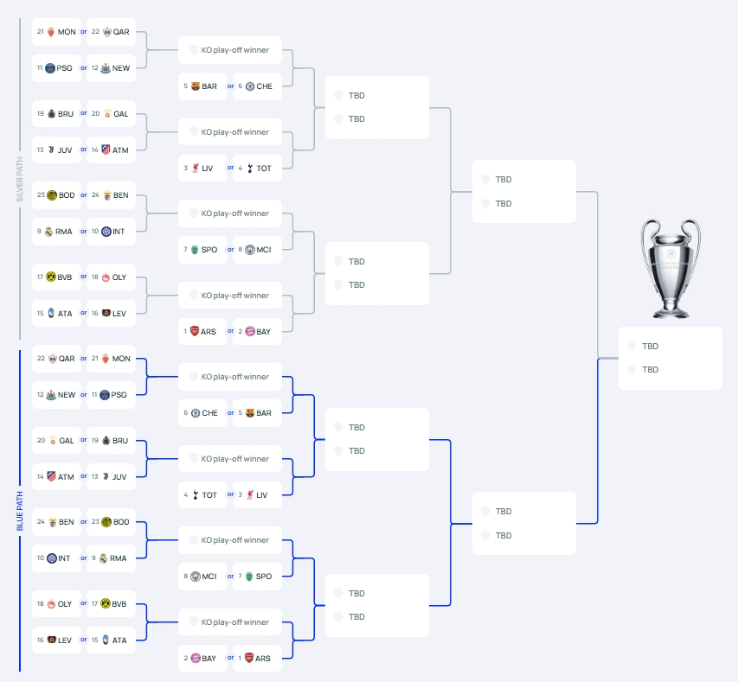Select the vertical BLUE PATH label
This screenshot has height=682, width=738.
click(19, 510)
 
